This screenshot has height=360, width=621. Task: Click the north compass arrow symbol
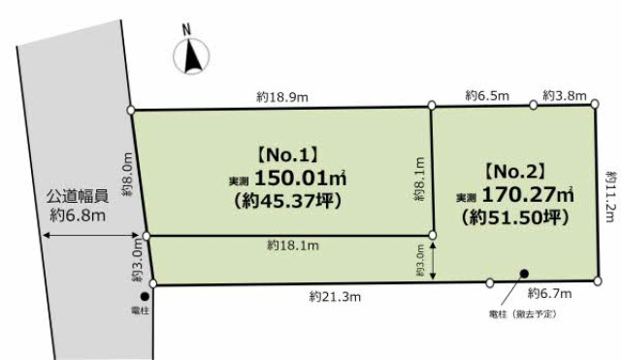coord(191,56)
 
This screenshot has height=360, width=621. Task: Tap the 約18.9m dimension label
coord(282,97)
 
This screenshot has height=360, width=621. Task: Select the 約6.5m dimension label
coord(487,95)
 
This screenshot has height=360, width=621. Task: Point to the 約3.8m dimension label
coord(565,95)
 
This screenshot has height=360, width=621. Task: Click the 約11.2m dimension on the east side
coord(611,197)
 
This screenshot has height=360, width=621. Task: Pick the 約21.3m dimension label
coord(335,296)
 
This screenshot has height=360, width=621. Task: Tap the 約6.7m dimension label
coord(550,293)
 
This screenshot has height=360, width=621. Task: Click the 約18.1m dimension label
coord(293,245)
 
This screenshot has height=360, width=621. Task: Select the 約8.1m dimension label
coord(419,179)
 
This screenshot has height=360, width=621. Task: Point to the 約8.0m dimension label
coord(127,175)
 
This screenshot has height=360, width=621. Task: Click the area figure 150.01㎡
coord(300,179)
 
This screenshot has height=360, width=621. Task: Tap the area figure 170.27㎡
coord(528,194)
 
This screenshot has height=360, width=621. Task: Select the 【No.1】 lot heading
coord(287,155)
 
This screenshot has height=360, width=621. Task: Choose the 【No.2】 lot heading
coord(515,171)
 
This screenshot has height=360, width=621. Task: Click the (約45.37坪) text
coord(287,201)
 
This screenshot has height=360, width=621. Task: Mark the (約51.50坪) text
coord(515,217)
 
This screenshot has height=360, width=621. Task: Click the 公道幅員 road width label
coord(78,196)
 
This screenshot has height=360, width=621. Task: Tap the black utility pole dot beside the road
coord(145,296)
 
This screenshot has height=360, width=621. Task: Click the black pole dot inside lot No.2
coord(524,274)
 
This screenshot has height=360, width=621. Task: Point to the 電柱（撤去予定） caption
coord(523,314)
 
